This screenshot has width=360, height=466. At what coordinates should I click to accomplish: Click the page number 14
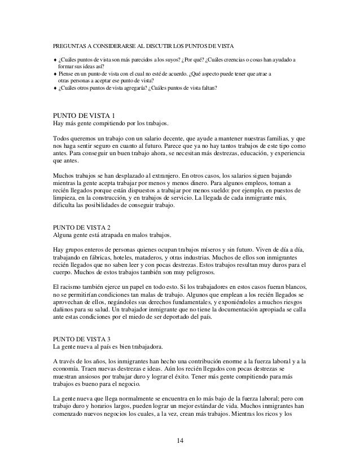[179, 440]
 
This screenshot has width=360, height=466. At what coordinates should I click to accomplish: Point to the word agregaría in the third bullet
[147, 89]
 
